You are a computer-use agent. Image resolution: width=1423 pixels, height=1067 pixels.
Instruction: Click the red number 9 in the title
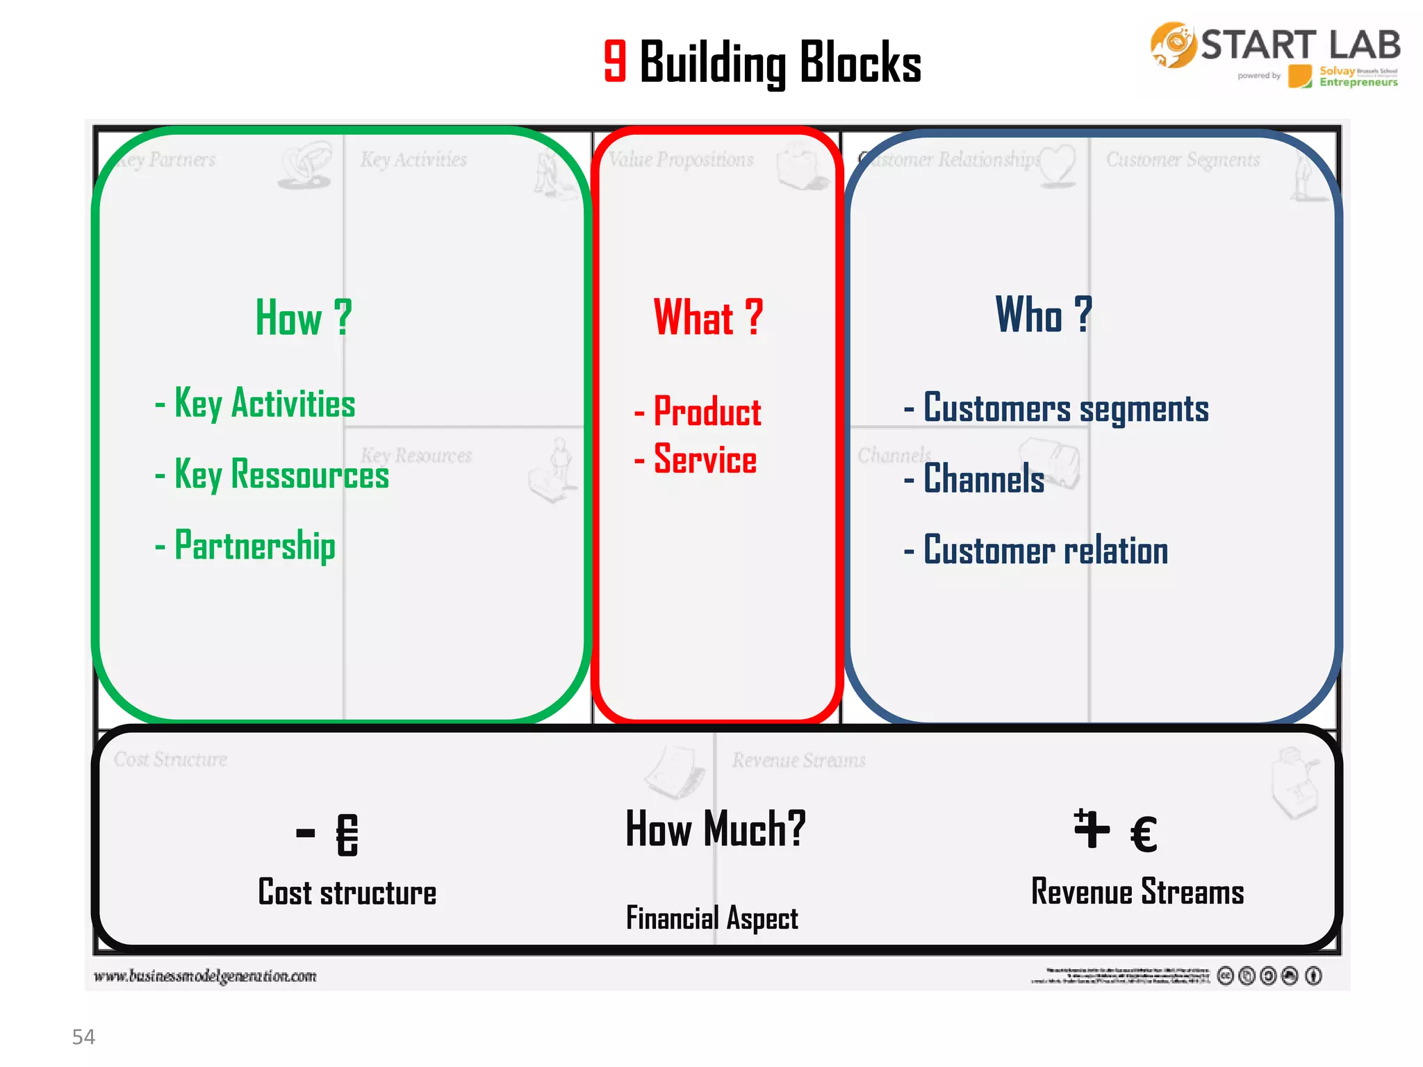615,61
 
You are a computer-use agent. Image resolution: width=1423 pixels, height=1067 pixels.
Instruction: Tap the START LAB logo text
1300,45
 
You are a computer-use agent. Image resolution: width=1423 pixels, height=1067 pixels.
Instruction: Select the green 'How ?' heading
304,318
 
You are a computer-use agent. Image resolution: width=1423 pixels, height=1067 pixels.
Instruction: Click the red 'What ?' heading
708,318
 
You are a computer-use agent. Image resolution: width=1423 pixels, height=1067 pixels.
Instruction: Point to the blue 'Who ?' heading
1043,315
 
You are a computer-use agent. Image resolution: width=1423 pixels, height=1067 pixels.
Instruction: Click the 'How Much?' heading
716,829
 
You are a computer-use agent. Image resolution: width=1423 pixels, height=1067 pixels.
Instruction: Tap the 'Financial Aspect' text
712,918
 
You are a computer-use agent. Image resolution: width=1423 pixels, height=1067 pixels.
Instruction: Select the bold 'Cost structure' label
347,893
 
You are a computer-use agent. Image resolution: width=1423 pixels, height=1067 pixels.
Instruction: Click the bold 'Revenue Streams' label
1137,892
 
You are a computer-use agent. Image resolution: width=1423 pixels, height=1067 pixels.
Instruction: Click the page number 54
83,1037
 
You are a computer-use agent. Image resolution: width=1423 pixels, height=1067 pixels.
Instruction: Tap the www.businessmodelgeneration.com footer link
206,976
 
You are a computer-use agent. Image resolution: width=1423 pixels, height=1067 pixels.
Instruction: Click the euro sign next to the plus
1144,834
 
